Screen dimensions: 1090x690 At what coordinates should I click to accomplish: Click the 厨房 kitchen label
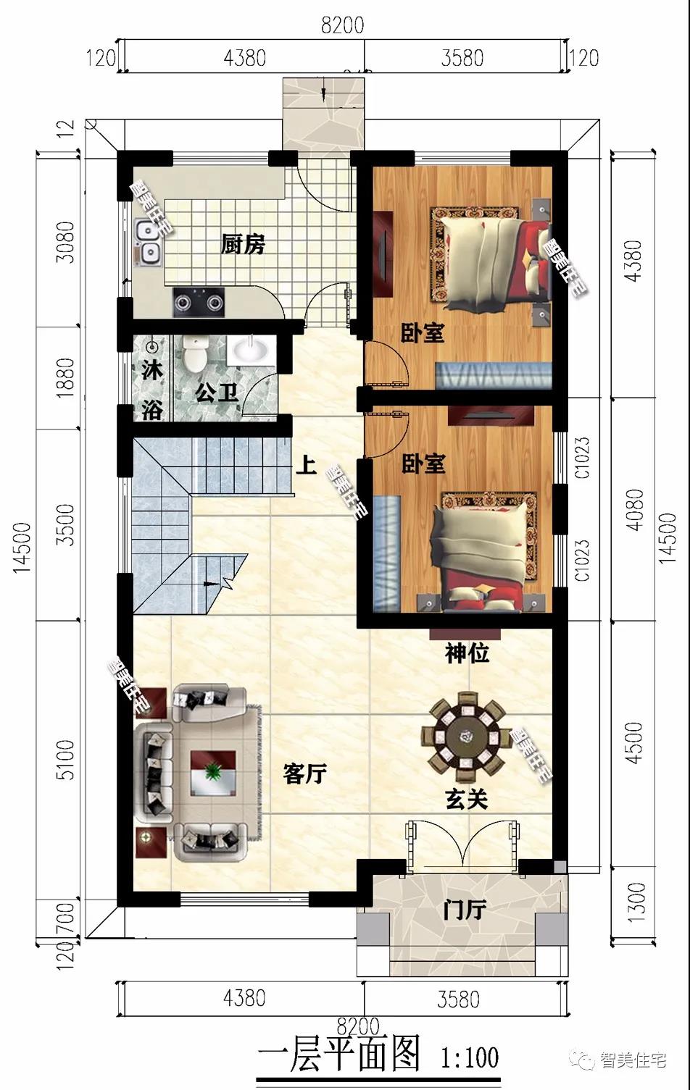click(x=243, y=245)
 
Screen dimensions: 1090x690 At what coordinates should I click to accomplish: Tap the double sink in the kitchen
click(x=148, y=242)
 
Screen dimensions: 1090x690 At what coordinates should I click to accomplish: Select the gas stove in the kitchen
click(x=199, y=301)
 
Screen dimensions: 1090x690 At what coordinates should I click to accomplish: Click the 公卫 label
click(x=217, y=393)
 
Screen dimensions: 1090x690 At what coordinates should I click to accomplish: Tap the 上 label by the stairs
click(x=306, y=464)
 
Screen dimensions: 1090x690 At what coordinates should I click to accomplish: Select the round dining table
click(x=464, y=737)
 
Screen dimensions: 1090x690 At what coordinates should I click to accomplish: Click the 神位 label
click(x=467, y=654)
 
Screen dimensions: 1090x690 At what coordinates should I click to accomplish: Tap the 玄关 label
click(x=465, y=799)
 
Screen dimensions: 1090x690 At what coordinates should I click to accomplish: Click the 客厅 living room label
click(x=304, y=774)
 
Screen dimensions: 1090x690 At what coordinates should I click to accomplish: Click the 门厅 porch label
click(x=464, y=910)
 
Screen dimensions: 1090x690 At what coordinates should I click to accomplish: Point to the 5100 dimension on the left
click(x=65, y=759)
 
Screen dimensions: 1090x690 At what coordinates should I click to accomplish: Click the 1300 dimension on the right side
click(x=636, y=902)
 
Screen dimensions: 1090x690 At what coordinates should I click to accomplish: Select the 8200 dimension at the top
click(x=342, y=25)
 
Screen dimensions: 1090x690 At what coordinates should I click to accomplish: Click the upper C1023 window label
click(x=583, y=458)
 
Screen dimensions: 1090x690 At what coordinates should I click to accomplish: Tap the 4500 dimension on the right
click(x=634, y=742)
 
